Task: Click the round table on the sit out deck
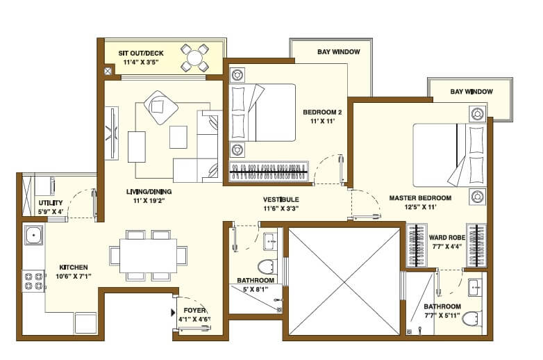pos(194,57)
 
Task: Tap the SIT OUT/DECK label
pos(142,52)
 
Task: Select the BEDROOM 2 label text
pos(319,112)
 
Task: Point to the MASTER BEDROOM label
pos(420,198)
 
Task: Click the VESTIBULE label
pos(281,199)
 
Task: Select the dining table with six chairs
pos(148,256)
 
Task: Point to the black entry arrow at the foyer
pos(173,313)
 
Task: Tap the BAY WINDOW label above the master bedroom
pos(471,92)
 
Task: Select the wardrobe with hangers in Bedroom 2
pos(268,170)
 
